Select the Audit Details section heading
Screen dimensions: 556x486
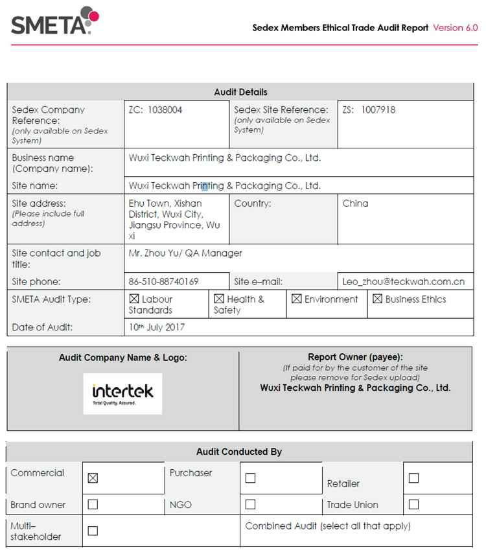pyautogui.click(x=240, y=92)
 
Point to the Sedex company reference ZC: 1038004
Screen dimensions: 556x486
pyautogui.click(x=156, y=110)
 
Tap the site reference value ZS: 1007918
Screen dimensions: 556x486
pyautogui.click(x=369, y=110)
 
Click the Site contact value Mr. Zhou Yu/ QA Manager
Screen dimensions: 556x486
pyautogui.click(x=185, y=253)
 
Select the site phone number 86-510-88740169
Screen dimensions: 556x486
pyautogui.click(x=164, y=282)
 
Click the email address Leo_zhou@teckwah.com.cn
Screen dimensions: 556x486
pyautogui.click(x=404, y=282)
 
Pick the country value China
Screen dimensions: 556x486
pyautogui.click(x=355, y=203)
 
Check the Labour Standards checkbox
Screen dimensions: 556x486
pyautogui.click(x=134, y=299)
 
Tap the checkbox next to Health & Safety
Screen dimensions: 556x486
pyautogui.click(x=219, y=299)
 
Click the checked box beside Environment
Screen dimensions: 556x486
pyautogui.click(x=296, y=299)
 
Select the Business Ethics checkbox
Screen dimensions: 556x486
pyautogui.click(x=377, y=299)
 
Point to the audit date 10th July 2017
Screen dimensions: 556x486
pyautogui.click(x=157, y=327)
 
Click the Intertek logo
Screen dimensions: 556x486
pyautogui.click(x=122, y=393)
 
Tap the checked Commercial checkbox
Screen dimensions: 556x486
pyautogui.click(x=93, y=478)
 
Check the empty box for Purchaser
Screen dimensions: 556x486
pyautogui.click(x=251, y=478)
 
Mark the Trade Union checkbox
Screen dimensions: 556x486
pyautogui.click(x=413, y=504)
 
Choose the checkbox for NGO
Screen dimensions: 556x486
pyautogui.click(x=251, y=504)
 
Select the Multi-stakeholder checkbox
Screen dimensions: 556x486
pyautogui.click(x=93, y=531)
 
